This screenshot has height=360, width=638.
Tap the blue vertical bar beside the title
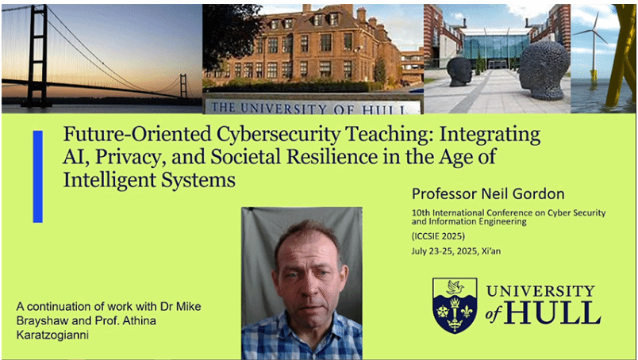pyautogui.click(x=38, y=177)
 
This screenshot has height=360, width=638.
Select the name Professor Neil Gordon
pyautogui.click(x=488, y=194)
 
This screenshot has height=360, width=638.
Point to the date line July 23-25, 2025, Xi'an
pyautogui.click(x=456, y=251)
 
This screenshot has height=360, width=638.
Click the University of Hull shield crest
pyautogui.click(x=455, y=305)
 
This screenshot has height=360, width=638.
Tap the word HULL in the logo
pyautogui.click(x=552, y=313)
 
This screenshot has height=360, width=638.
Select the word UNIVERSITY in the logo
pyautogui.click(x=540, y=291)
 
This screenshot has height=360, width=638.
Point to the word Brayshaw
pyautogui.click(x=36, y=320)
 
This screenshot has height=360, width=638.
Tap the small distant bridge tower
pyautogui.click(x=183, y=86)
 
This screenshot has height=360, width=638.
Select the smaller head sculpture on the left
pyautogui.click(x=459, y=71)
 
